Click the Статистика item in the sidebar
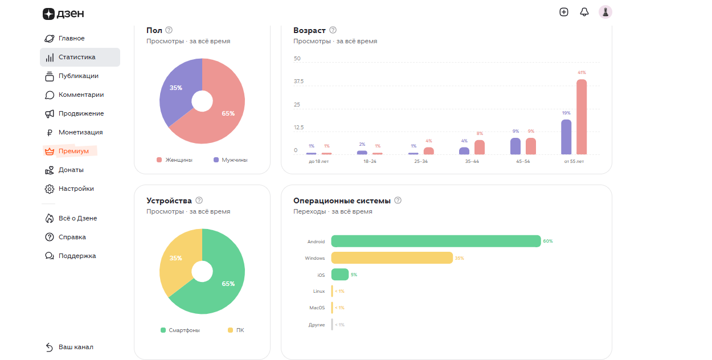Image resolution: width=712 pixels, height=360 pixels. coord(80,57)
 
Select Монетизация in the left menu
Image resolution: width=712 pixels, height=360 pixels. coord(73,132)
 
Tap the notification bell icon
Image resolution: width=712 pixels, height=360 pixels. coord(584,12)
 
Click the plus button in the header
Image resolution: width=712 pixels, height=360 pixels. coord(564,12)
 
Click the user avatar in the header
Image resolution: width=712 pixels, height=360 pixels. coord(605,12)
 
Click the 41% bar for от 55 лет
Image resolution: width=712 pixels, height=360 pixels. coord(582,117)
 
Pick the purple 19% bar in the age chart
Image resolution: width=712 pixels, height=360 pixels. coord(566,137)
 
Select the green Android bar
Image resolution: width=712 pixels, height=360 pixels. coord(436,241)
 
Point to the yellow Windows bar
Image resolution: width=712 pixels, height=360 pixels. coord(392,257)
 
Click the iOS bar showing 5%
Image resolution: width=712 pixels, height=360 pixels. coord(340,275)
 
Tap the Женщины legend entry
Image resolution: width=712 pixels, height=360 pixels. coord(174,160)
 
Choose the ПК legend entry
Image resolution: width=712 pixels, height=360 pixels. coord(236,330)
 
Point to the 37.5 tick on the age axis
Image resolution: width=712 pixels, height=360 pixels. coord(299,81)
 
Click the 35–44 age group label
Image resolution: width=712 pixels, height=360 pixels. coord(472,161)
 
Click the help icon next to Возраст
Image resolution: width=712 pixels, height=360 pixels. coord(333,30)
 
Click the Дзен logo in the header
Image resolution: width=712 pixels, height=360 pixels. coord(63,14)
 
